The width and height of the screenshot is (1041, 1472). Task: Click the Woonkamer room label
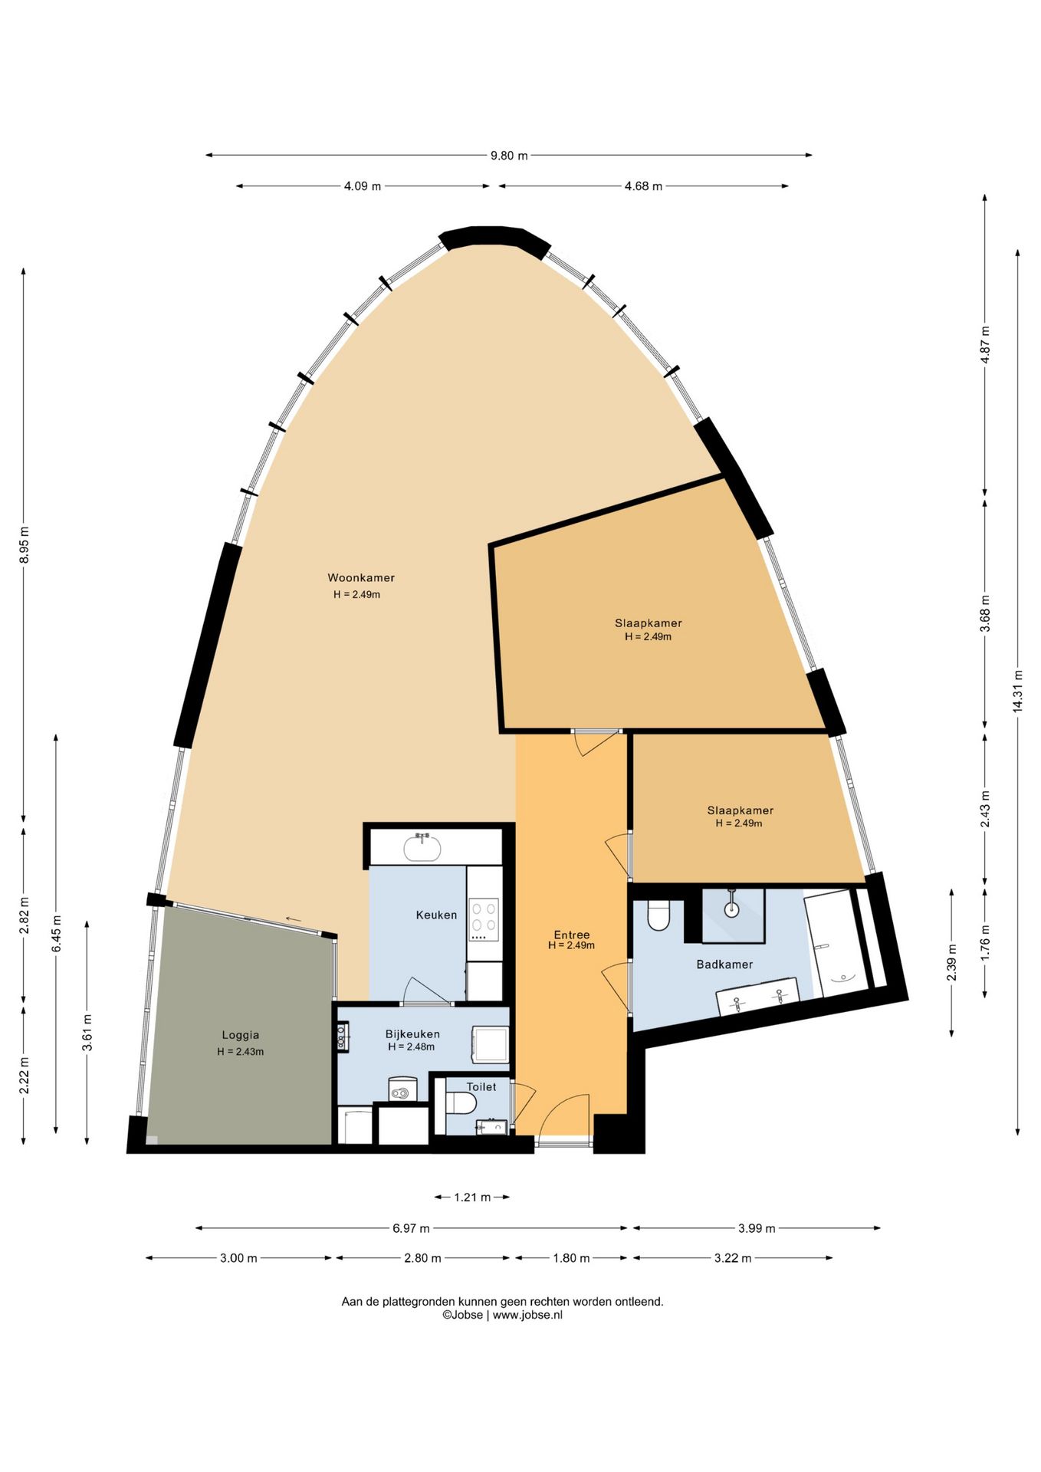[361, 578]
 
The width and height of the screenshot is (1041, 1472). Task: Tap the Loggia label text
[241, 1035]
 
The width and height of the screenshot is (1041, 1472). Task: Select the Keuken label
[436, 915]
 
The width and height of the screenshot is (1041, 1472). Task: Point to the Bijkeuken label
[412, 1034]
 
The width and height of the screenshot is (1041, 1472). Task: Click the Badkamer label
[724, 964]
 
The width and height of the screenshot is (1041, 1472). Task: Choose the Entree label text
[572, 935]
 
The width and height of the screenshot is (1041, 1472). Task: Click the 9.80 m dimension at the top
[509, 156]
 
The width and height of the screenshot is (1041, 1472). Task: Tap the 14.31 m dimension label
[1018, 692]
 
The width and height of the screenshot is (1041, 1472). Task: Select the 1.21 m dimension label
[472, 1197]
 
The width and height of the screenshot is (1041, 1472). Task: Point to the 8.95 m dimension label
[24, 544]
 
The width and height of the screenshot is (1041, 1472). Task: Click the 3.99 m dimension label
[757, 1228]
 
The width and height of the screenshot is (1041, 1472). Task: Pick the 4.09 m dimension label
[363, 186]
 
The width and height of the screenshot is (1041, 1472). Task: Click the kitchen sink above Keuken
[422, 847]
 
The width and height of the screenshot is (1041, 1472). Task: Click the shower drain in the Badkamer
[731, 910]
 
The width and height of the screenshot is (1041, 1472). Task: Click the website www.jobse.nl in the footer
[527, 1314]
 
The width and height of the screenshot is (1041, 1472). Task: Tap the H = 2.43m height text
[241, 1052]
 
